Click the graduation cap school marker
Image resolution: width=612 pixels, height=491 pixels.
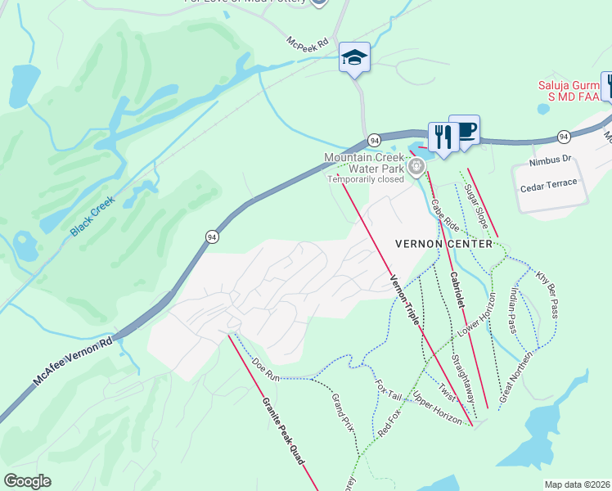(354, 58)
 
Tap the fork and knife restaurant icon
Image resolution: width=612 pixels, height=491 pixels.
(442, 137)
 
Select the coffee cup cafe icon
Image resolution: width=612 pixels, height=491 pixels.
(464, 130)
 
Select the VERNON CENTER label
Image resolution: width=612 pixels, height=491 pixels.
(443, 244)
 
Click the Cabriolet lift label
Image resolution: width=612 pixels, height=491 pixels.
(457, 290)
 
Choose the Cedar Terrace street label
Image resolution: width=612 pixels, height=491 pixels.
(548, 183)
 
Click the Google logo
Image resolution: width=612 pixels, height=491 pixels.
(27, 480)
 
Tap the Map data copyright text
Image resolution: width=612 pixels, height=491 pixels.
(577, 484)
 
